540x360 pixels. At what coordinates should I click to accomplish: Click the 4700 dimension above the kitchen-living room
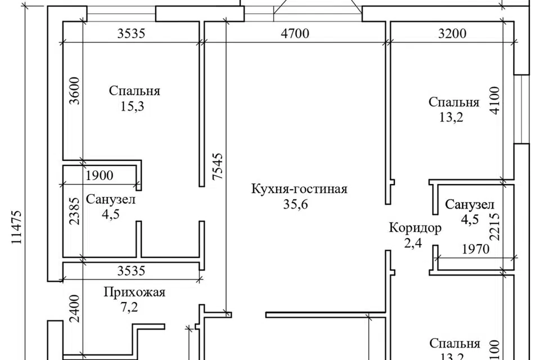coord(295,33)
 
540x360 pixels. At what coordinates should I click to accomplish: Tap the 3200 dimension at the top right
coord(452,33)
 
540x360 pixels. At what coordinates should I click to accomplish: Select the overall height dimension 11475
coord(16,227)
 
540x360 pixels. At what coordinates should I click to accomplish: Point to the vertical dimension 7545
coord(218,166)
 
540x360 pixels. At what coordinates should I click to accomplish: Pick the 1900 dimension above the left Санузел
coord(100,175)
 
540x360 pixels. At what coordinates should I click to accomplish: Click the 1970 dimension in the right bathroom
coord(476,248)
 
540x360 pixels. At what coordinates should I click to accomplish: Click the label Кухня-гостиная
coord(299,189)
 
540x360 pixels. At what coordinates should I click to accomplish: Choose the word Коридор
coord(415,228)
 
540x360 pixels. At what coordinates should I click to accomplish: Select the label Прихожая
coord(134,292)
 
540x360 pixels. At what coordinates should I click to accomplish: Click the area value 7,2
coord(129,307)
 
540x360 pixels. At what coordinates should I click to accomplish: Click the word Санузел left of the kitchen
coord(111,199)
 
